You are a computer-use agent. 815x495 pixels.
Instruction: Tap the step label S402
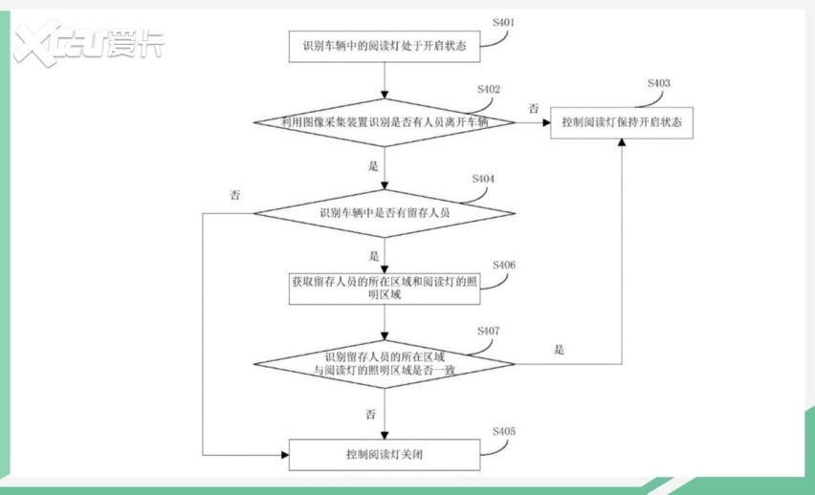coord(488,89)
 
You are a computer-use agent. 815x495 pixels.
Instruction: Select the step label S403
coord(658,83)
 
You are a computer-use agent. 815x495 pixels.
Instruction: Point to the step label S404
coord(484,180)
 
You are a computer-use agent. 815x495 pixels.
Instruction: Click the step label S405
coord(504,432)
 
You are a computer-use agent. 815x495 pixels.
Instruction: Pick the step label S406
coord(504,264)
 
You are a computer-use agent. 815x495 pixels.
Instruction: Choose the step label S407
coord(488,331)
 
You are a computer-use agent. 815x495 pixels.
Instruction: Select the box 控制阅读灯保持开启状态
coord(622,122)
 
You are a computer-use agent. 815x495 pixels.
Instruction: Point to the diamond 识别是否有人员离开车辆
coord(385,122)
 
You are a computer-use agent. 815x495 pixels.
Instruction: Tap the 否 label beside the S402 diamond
coord(534,108)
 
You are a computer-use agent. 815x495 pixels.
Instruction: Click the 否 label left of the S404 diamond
coord(234,195)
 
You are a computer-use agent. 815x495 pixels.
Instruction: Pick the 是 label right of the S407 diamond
coord(560,350)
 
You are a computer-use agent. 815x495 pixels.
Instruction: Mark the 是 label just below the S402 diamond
coord(373,165)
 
